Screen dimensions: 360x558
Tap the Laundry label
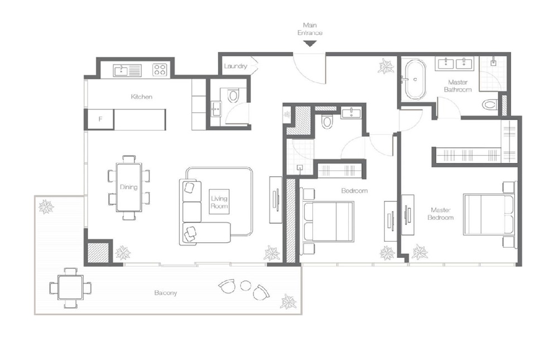coord(235,66)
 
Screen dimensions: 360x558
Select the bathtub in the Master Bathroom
coord(415,79)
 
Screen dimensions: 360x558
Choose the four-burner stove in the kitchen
coord(160,70)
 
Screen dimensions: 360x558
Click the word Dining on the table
coord(129,187)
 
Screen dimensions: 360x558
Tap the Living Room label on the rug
coord(219,201)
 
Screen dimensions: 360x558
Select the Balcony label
coord(166,292)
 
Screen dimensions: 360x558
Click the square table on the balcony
coord(70,288)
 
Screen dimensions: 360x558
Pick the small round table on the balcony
coord(246,285)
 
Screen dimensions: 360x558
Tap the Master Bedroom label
coord(440,213)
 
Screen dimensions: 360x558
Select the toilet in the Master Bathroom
coord(489,104)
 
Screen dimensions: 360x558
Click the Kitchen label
coord(141,97)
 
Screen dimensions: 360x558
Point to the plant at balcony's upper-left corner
coord(46,207)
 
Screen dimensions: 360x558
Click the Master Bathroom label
coord(458,86)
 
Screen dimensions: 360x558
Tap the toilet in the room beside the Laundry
coord(233,95)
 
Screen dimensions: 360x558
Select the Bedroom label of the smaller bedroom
coord(355,190)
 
